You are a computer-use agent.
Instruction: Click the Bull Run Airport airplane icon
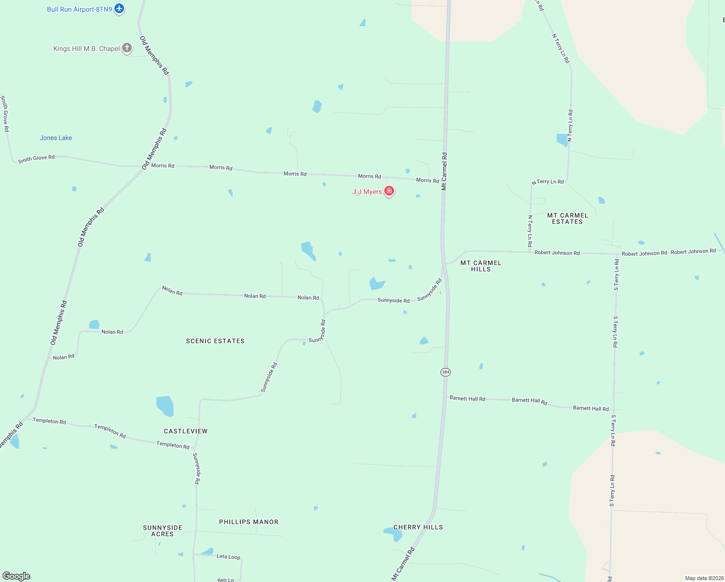point(119,9)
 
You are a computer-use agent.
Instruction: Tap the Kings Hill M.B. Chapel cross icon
point(126,48)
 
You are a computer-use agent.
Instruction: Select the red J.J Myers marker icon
point(389,191)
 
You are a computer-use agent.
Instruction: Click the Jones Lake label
point(56,138)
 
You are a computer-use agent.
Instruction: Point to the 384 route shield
point(445,372)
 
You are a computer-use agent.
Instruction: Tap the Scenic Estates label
point(215,341)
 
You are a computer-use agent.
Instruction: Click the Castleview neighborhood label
point(186,431)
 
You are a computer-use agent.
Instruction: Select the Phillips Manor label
point(249,522)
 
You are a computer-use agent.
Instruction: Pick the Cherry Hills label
point(418,527)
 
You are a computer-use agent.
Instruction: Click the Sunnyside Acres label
point(162,531)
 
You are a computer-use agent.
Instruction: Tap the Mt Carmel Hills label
point(481,266)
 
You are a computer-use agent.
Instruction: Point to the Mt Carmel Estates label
point(567,218)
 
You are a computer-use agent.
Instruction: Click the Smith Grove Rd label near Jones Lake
point(36,159)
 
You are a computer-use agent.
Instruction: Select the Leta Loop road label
point(228,556)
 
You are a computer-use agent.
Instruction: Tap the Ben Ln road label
point(225,580)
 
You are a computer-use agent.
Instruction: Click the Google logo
point(16,576)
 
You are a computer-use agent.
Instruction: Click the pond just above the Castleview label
point(165,406)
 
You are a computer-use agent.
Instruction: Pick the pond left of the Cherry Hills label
point(394,533)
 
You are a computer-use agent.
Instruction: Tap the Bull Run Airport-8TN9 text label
point(79,9)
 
